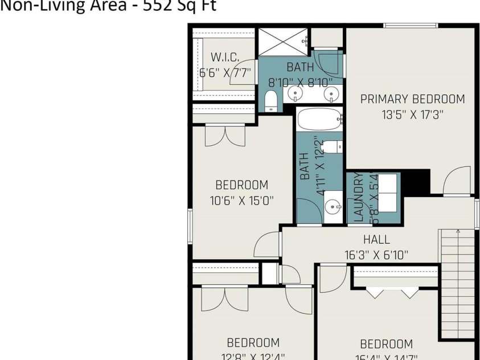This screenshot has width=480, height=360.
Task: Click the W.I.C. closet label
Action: tap(224, 57)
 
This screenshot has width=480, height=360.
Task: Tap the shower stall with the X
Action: tap(283, 42)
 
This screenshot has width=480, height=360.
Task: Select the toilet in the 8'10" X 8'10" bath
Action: tap(271, 101)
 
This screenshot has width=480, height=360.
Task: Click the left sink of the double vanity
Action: tap(296, 93)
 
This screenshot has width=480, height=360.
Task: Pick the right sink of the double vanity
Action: tap(329, 93)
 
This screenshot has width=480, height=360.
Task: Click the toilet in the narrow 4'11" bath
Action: tap(336, 146)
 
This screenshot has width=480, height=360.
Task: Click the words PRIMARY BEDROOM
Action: tap(412, 99)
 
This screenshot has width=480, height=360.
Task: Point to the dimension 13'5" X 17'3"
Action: tap(412, 114)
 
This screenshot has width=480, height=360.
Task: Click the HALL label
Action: tap(376, 240)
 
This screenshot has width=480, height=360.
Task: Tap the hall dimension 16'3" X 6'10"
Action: tap(376, 255)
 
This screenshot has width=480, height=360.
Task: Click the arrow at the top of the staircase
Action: tap(458, 232)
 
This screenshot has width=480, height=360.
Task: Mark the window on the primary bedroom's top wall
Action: tap(410, 25)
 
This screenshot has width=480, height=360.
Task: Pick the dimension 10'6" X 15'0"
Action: tap(241, 201)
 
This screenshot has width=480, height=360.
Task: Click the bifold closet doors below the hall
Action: tap(393, 293)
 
